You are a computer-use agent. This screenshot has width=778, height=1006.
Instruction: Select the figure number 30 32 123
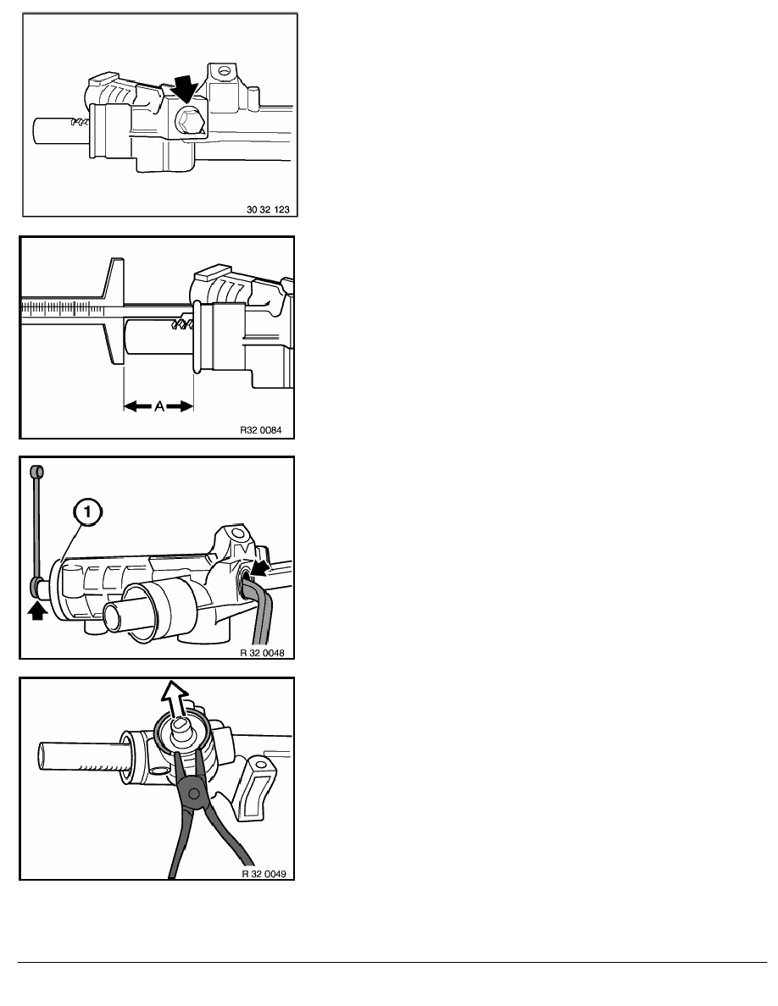269,209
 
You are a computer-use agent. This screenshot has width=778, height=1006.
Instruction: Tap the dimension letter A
159,406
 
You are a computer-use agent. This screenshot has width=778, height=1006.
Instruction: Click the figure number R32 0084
261,430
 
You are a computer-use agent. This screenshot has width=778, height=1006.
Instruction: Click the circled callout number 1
87,512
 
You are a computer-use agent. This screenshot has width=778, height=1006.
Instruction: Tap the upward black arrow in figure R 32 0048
38,611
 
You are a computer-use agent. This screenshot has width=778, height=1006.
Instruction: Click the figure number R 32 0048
262,653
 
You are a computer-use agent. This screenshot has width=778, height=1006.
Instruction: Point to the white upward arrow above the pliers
175,697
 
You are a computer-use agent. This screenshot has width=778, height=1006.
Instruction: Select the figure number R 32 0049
264,873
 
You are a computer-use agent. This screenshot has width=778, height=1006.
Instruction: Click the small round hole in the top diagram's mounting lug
223,70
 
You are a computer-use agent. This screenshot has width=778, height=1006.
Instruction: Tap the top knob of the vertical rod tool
36,472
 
